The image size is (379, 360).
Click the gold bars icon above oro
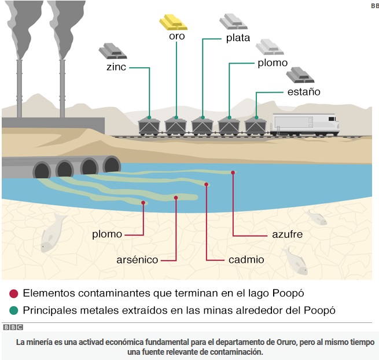173,22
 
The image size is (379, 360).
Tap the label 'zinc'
116,67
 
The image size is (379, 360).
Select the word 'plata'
238,38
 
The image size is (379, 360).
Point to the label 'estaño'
303,91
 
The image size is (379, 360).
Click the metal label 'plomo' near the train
272,63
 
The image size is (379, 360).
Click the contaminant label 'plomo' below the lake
107,234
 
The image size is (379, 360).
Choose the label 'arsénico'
137,260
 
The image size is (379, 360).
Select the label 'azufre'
287,234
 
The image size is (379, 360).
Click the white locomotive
305,124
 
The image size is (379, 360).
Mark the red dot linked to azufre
234,172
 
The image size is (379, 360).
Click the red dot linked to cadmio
207,184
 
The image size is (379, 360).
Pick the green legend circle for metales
14,310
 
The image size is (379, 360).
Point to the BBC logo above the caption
12,327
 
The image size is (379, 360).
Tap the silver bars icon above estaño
300,75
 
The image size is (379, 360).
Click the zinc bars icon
112,51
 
